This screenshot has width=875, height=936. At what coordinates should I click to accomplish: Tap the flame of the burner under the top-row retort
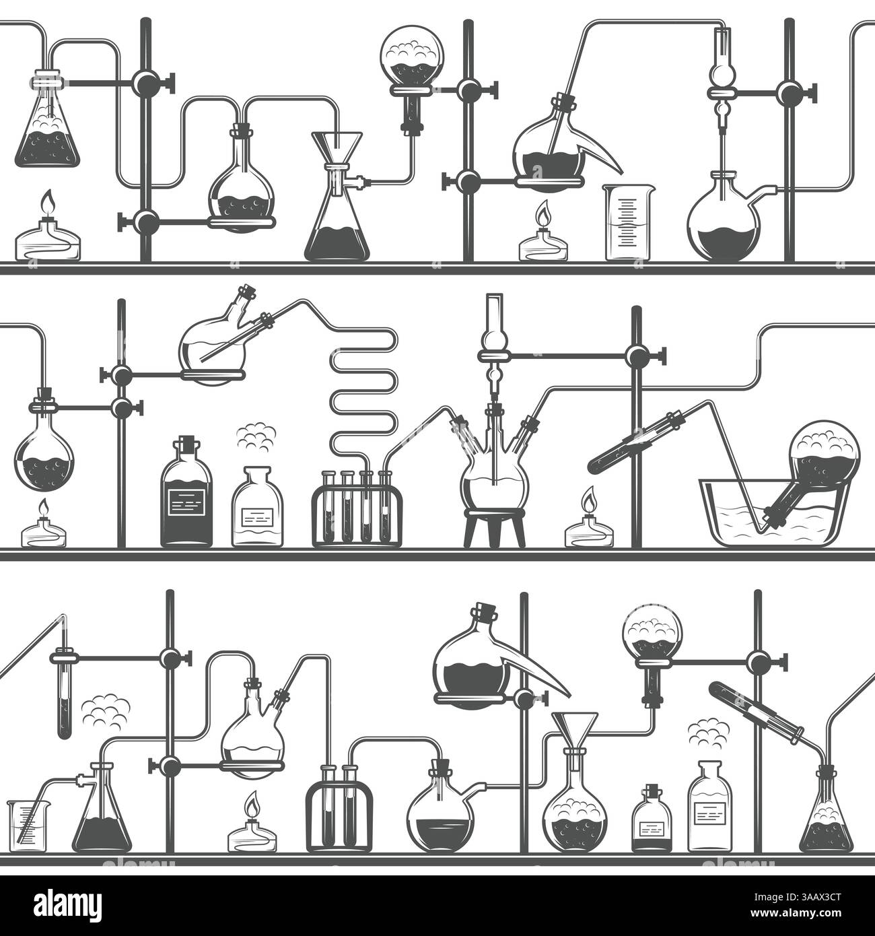pos(542,215)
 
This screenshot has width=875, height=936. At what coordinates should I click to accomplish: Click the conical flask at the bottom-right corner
pos(826,818)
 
